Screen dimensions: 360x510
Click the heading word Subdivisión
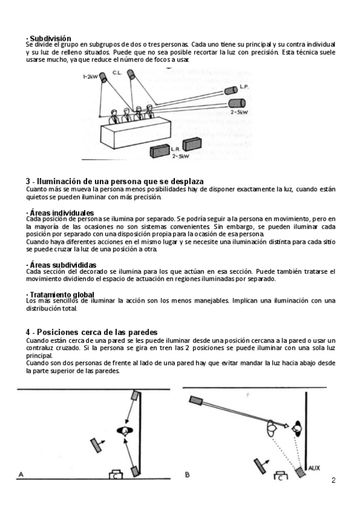50,38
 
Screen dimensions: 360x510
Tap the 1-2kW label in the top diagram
90,77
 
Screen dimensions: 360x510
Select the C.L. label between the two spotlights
117,73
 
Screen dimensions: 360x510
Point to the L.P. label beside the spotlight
245,87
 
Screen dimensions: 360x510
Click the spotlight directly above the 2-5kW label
237,103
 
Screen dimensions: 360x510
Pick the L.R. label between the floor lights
175,150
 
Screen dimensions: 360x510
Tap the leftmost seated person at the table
114,117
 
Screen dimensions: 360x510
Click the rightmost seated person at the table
150,112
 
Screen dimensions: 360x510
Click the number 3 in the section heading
28,182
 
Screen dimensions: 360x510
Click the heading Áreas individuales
62,213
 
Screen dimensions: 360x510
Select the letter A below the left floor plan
21,475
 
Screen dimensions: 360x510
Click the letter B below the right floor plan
187,475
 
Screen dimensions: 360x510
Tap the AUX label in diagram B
314,469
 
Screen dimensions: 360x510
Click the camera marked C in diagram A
115,474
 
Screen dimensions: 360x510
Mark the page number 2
334,481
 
